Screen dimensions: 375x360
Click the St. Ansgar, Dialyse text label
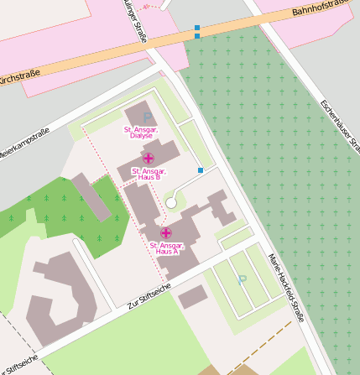140,133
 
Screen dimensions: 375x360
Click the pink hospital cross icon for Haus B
149,159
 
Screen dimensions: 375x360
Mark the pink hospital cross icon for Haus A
166,232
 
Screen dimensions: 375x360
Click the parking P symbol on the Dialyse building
148,117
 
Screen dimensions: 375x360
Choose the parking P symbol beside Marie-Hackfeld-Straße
243,279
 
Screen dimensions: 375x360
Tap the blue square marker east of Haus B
201,170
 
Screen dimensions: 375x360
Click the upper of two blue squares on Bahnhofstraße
197,28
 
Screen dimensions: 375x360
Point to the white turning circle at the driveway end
171,202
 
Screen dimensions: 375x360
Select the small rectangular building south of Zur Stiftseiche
192,296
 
